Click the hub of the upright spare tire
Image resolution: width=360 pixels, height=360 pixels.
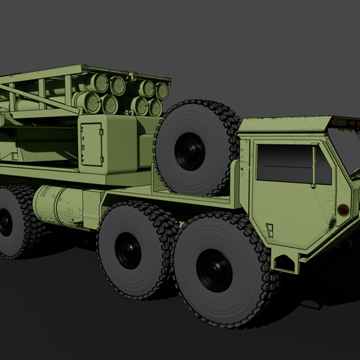[190, 151]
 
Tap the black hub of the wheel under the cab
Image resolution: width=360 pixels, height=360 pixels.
[214, 270]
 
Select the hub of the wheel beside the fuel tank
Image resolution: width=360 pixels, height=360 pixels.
[128, 250]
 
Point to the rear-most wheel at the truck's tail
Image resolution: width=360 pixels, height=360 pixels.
[8, 222]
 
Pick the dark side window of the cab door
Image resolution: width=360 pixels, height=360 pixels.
[285, 165]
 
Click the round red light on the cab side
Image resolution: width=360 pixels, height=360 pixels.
[343, 209]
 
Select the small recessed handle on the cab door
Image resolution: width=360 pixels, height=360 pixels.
[269, 227]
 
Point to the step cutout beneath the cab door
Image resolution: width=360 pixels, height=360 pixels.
[285, 262]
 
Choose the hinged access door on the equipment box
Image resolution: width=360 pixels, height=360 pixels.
[91, 145]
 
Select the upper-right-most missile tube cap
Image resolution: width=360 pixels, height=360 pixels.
[162, 91]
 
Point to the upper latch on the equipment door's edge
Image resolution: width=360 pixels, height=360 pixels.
[102, 130]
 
